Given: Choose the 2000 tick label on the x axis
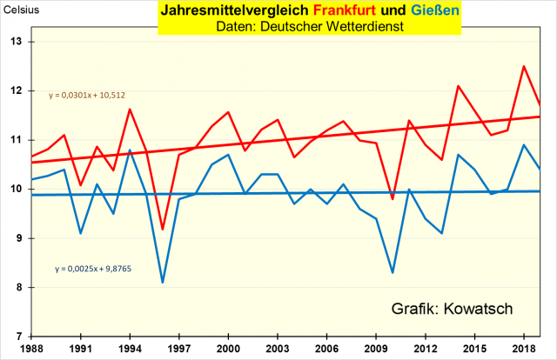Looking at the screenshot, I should pyautogui.click(x=227, y=348).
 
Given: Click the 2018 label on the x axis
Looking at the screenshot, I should pyautogui.click(x=522, y=348).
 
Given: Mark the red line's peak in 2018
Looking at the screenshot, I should pyautogui.click(x=523, y=66).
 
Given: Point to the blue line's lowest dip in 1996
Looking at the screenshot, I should pyautogui.click(x=162, y=283).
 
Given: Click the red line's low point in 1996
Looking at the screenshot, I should pyautogui.click(x=162, y=230).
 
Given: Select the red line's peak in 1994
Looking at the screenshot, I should pyautogui.click(x=130, y=110).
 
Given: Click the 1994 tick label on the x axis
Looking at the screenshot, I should pyautogui.click(x=130, y=348).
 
